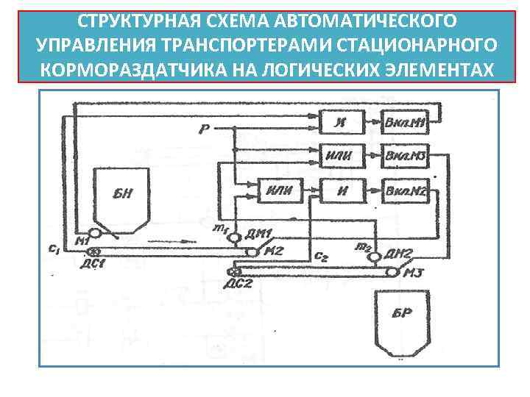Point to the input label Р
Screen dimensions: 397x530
(x=203, y=130)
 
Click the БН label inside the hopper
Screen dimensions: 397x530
(x=122, y=194)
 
